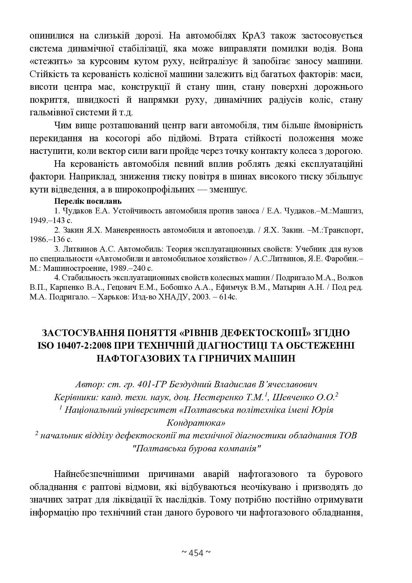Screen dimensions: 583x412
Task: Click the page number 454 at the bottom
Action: [196, 553]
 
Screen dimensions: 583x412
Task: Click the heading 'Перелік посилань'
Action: [88, 201]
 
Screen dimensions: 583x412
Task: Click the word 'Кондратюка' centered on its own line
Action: [195, 423]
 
